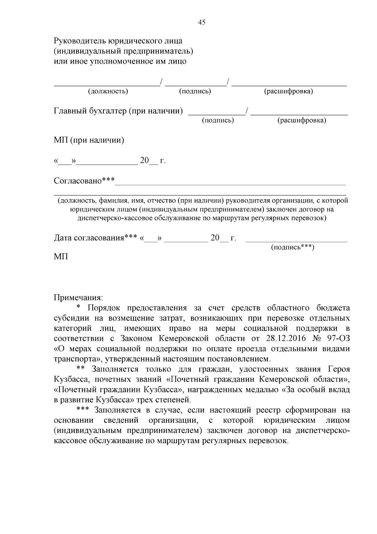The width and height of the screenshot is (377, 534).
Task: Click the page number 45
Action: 202,22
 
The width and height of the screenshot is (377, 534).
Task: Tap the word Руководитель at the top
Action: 80,41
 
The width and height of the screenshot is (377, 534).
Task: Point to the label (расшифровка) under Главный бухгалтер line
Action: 302,121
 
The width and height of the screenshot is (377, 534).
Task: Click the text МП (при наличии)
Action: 89,140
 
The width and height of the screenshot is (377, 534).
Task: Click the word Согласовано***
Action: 84,181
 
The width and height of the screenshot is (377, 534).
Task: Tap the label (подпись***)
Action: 292,247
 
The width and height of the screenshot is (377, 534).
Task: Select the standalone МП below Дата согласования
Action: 61,257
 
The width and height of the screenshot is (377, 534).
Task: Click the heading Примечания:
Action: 78,297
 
